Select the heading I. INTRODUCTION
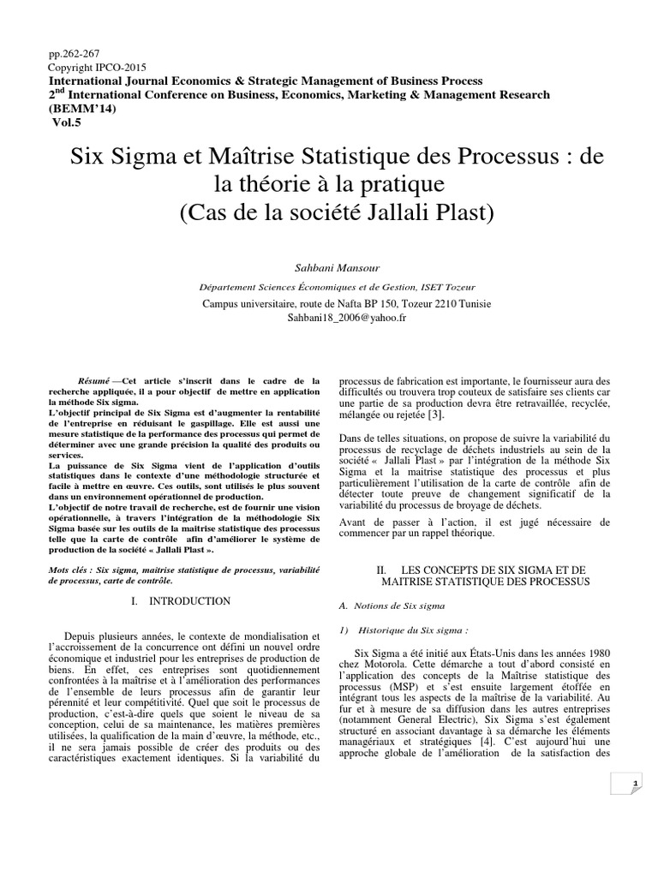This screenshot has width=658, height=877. tap(180, 601)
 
